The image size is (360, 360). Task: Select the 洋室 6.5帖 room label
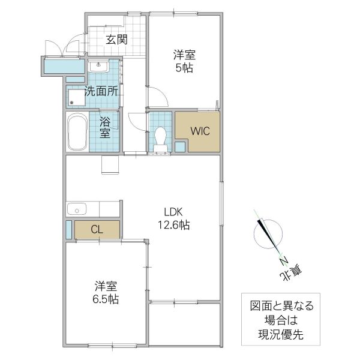105,291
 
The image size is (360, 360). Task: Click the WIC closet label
200,131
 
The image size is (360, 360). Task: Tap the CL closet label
97,229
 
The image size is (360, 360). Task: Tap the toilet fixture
160,137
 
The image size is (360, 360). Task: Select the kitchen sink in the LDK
76,209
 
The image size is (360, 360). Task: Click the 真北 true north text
292,273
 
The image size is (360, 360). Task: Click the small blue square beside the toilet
180,146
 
